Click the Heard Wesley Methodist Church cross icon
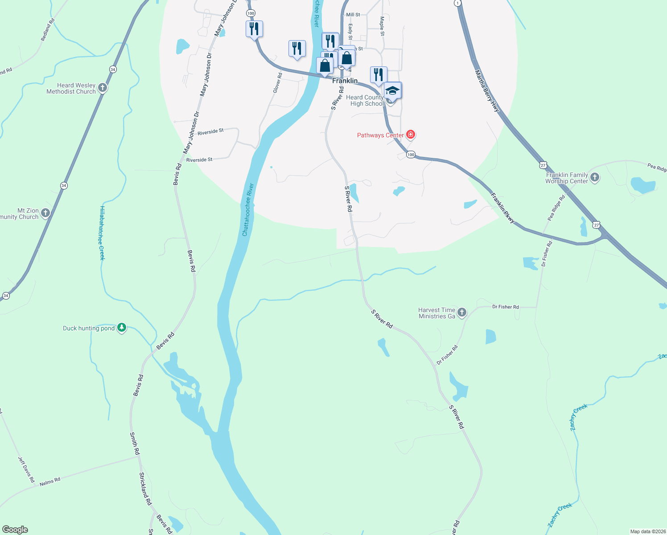(x=103, y=88)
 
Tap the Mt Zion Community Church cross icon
(x=45, y=213)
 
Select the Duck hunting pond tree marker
(x=122, y=328)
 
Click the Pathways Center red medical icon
(x=411, y=135)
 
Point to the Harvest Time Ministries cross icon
(x=462, y=313)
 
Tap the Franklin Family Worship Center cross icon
(x=595, y=177)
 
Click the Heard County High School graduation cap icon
(x=392, y=91)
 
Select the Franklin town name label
(x=345, y=81)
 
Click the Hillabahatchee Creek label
(x=102, y=233)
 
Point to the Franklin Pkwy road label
(x=502, y=208)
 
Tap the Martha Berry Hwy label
(x=487, y=91)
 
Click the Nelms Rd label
(x=50, y=482)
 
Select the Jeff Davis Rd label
(x=26, y=469)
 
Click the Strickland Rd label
(x=145, y=489)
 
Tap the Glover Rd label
(x=277, y=83)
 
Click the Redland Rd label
(x=48, y=30)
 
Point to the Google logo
(x=15, y=530)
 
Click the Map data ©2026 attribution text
(x=648, y=531)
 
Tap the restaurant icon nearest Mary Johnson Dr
(x=254, y=29)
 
